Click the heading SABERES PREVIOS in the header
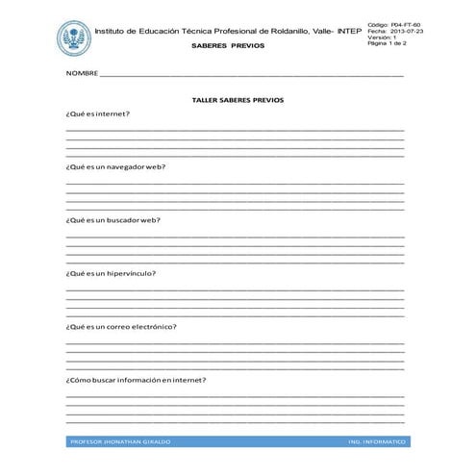221,45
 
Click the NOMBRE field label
82,74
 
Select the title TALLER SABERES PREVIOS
238,99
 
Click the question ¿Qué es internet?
97,113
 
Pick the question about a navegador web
115,166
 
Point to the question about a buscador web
113,219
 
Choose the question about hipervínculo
111,273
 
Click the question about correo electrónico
121,326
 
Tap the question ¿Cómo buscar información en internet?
136,379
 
